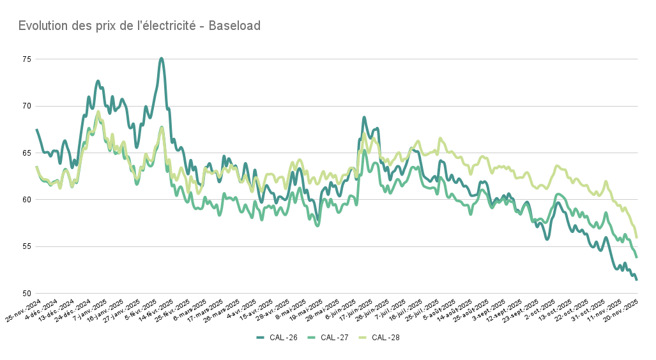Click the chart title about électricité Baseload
point(139,26)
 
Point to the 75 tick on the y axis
point(26,59)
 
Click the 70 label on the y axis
point(26,106)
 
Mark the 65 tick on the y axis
point(26,153)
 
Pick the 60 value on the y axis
point(26,200)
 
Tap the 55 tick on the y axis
point(26,246)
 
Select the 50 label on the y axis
point(26,294)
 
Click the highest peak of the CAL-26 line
point(162,58)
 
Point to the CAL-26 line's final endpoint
point(636,280)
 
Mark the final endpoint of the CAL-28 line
point(636,237)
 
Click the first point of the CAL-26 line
point(36,130)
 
